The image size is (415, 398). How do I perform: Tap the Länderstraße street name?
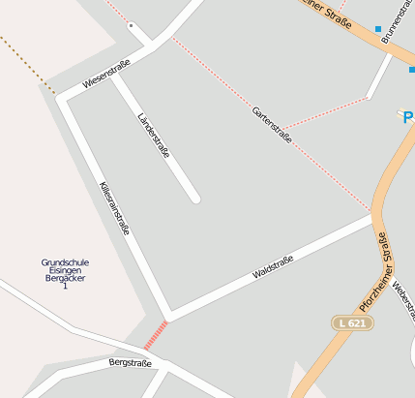pos(154,135)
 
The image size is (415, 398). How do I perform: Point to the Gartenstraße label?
pos(272,125)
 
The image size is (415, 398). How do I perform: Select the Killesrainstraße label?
pos(115,208)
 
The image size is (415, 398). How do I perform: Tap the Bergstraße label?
pos(131,363)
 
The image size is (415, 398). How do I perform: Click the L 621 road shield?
pos(352,321)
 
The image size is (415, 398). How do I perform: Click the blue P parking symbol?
pos(407,117)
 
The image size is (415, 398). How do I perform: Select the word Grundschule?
pos(65,262)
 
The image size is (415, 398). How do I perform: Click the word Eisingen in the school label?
pos(65,270)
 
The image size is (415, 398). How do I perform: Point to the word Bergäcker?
pos(65,278)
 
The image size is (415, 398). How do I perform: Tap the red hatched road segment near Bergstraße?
pos(156,334)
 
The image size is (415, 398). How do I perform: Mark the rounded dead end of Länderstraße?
pos(194,199)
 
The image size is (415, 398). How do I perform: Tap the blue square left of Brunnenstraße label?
pos(377,29)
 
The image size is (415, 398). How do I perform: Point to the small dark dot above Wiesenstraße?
pos(131,24)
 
